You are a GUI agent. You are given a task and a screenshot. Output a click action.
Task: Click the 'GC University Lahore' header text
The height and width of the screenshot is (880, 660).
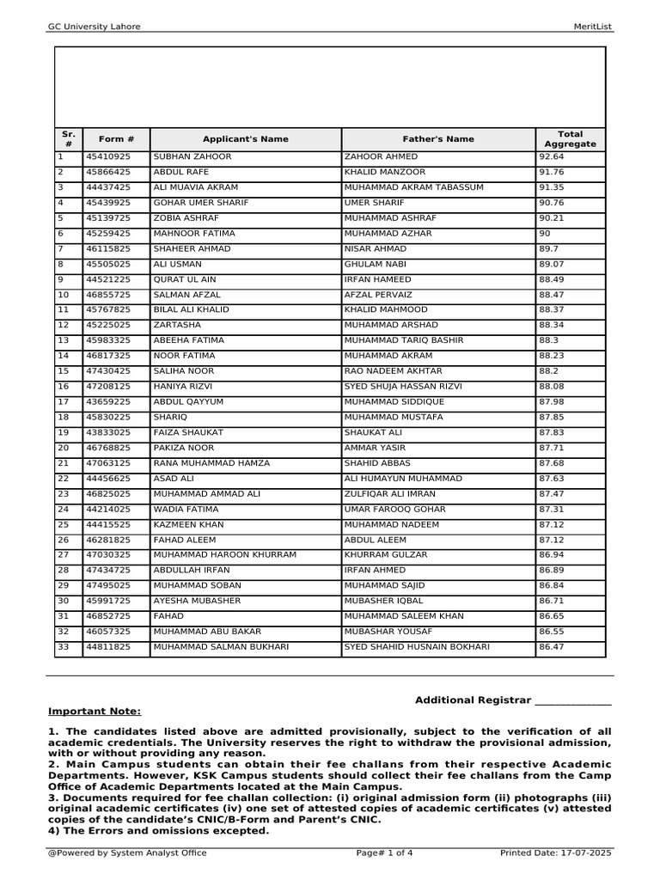(x=94, y=27)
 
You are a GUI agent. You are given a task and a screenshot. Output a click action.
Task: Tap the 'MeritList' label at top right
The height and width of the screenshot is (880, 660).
(x=594, y=27)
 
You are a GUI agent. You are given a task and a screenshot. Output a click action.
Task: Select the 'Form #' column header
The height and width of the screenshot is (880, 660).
(x=116, y=139)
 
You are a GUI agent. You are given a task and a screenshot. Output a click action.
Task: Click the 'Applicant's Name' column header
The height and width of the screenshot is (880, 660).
(x=245, y=139)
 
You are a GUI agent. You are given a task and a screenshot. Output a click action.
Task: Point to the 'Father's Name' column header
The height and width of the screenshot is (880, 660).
(x=438, y=139)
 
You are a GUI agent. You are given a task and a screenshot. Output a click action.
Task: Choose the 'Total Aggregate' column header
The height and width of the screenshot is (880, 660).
(x=570, y=139)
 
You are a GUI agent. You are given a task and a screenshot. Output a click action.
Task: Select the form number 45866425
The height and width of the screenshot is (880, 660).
(x=107, y=173)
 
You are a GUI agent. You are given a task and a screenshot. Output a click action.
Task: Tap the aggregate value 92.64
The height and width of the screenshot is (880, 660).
(x=552, y=157)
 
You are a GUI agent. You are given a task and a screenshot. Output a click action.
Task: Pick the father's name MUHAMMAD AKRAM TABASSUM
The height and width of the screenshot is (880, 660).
(x=413, y=187)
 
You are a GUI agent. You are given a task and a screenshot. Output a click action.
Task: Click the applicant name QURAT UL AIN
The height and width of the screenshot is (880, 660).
(x=184, y=280)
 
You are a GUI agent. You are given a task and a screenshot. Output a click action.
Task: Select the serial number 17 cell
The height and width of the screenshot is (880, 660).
(x=63, y=402)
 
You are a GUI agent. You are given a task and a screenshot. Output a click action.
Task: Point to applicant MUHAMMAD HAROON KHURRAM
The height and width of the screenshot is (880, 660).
(x=224, y=555)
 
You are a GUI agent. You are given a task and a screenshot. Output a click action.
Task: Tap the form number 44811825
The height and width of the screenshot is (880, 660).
(x=107, y=647)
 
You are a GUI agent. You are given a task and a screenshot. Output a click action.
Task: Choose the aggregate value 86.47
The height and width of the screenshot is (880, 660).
(x=552, y=647)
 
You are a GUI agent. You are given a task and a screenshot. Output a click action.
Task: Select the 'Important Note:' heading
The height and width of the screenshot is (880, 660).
(x=95, y=712)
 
